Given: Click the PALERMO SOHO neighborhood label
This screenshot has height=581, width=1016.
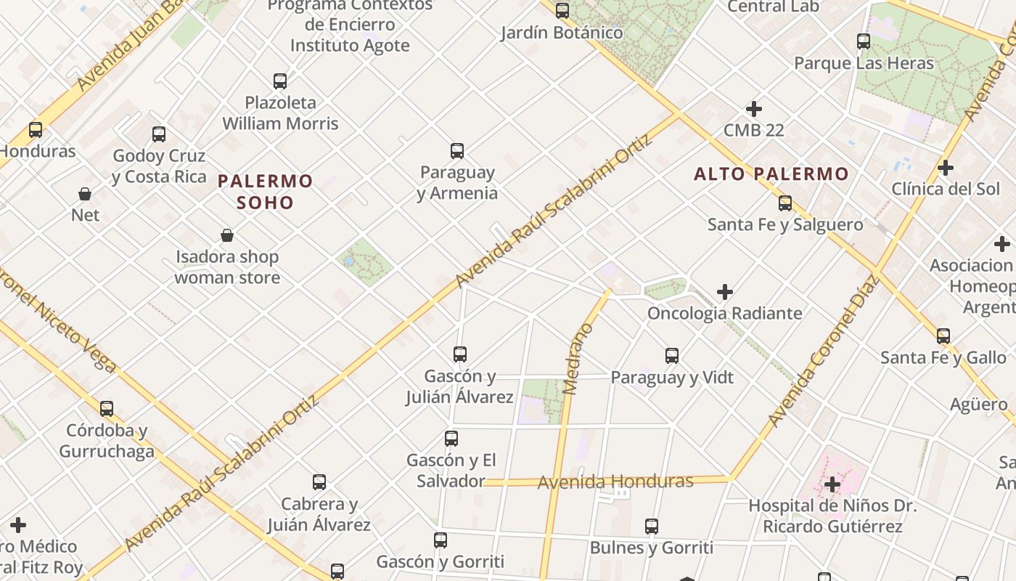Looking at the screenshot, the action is pos(266,191).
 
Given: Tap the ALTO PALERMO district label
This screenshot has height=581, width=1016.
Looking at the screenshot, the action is pos(771,174).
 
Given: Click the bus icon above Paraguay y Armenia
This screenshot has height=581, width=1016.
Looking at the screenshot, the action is pos(456,151).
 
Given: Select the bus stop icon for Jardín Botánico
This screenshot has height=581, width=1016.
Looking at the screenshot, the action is pos(562,11).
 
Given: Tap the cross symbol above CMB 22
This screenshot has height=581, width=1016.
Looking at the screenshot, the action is pos(754,109).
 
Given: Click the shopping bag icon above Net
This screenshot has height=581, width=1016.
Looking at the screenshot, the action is pos(85,194).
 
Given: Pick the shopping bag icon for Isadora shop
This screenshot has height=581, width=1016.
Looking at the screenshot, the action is pos(227,235).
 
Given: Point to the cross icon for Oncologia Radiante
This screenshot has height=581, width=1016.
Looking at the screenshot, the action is pos(724,292).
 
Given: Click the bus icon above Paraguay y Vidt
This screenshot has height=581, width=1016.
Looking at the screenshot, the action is pos(672,356).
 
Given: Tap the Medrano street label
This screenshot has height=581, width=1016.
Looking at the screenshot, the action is pos(578,359).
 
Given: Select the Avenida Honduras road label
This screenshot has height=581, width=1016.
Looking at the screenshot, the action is pos(615,482).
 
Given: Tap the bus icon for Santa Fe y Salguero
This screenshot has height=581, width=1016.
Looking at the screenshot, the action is pos(785,203).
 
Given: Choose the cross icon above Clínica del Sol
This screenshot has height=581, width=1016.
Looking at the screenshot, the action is pos(945,168).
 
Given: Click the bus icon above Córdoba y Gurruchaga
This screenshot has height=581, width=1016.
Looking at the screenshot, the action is pos(107,408).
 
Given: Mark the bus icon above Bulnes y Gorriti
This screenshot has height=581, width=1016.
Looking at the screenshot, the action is pos(652,527).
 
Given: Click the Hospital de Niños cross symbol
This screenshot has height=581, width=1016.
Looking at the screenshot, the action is pos(832,484).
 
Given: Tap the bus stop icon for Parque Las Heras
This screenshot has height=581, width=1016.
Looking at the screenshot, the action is pos(863,41).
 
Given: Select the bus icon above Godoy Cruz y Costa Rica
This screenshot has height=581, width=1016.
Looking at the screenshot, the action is pos(159,134).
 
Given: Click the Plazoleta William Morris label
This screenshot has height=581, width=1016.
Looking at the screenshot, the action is pos(280,113).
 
